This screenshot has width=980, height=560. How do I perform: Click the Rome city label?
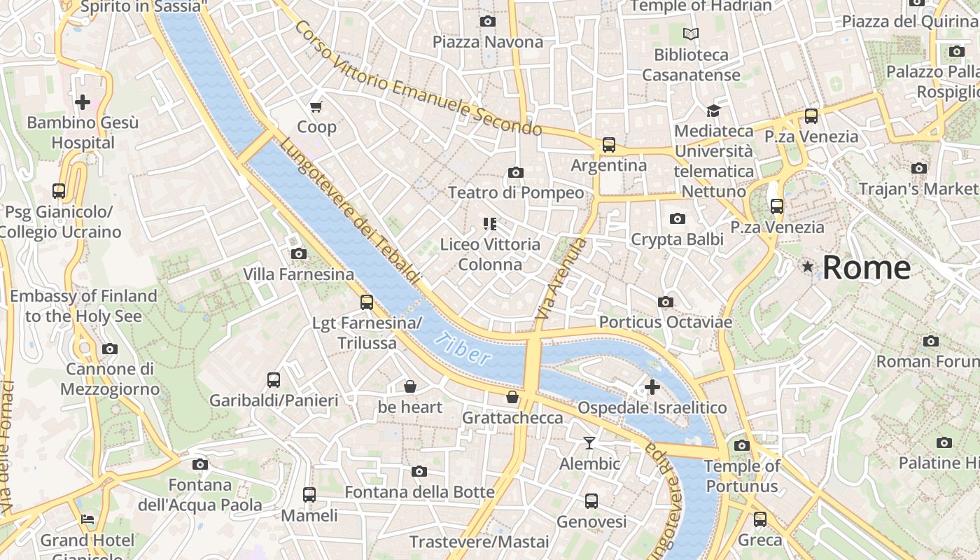point(867,268)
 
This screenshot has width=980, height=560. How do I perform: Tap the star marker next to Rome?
point(808,267)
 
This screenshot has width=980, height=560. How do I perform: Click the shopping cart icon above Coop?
point(316,106)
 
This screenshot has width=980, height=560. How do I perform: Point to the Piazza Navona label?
point(487,42)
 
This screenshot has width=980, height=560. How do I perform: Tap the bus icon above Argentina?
point(608,145)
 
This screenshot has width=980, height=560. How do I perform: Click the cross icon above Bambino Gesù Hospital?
point(83,102)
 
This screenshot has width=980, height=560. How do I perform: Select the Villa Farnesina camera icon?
point(298,253)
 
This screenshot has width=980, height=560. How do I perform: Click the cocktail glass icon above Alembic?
point(589,442)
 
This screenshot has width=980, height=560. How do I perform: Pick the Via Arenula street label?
point(561,279)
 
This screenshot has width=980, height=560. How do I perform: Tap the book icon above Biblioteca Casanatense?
point(691,34)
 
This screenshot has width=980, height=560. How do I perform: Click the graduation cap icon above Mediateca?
point(713,111)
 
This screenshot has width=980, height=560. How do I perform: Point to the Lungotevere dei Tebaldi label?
point(351,211)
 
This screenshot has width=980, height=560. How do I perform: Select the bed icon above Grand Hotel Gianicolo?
point(87,519)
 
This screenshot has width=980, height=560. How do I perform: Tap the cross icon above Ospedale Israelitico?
point(652,386)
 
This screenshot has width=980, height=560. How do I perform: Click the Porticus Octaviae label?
point(665,322)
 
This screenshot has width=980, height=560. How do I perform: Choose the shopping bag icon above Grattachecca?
point(512,398)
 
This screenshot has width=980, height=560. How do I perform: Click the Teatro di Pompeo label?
point(515,192)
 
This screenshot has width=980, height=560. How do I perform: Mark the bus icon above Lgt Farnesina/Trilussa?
point(366,302)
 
